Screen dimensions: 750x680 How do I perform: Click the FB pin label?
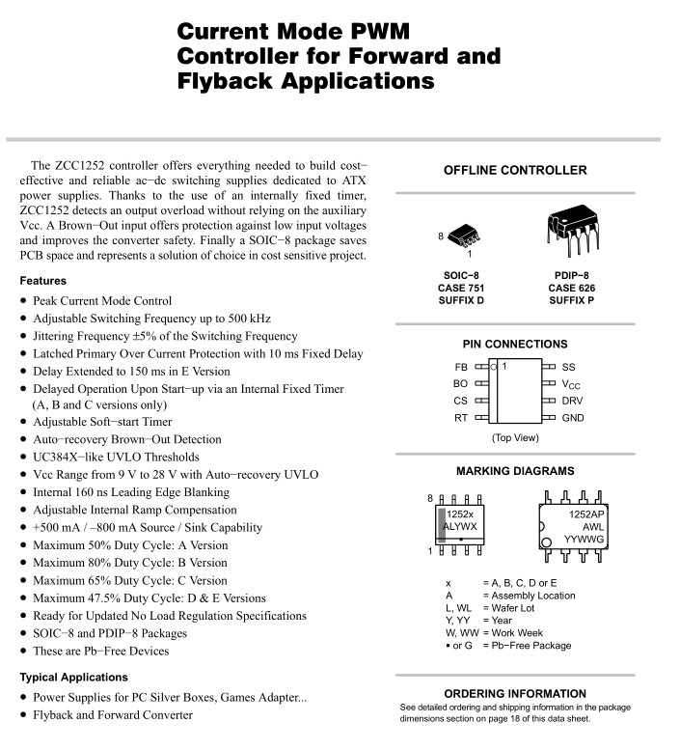click(x=460, y=368)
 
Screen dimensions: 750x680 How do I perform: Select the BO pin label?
click(x=460, y=384)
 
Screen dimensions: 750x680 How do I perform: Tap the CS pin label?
click(x=460, y=401)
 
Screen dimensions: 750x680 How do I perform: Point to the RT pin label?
click(x=460, y=418)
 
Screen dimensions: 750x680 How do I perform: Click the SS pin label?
click(x=568, y=368)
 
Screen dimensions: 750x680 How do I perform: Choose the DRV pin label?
click(x=572, y=401)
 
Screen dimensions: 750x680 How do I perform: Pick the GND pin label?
click(x=573, y=418)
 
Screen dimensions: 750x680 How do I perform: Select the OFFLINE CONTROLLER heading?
click(x=514, y=171)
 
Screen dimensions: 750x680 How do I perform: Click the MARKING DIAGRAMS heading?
click(x=514, y=472)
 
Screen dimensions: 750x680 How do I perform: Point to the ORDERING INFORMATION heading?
click(x=514, y=694)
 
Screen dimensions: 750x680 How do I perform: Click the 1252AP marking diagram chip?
click(x=572, y=528)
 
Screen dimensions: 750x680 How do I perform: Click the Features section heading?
click(x=42, y=281)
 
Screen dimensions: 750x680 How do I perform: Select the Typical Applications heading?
click(x=73, y=678)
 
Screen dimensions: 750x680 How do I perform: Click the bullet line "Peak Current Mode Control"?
click(x=102, y=301)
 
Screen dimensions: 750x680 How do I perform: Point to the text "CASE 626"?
click(x=571, y=288)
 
